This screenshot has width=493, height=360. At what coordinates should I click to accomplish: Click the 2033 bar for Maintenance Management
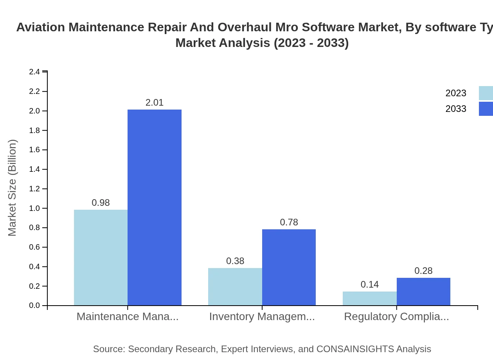tap(155, 207)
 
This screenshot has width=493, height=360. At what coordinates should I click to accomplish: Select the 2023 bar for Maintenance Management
tap(101, 257)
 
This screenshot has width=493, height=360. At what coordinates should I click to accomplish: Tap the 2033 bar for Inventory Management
tap(289, 267)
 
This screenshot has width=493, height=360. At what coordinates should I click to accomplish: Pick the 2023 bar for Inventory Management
tap(235, 286)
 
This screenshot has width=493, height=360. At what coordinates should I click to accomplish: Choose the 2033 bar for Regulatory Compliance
tap(423, 292)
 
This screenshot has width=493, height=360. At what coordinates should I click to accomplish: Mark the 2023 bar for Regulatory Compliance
tap(369, 298)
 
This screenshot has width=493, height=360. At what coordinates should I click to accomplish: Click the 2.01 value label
tap(155, 103)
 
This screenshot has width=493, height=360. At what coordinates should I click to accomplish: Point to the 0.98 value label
tap(101, 203)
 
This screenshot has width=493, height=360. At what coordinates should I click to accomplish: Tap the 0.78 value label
tap(289, 222)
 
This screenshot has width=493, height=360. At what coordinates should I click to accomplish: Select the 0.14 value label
tap(369, 284)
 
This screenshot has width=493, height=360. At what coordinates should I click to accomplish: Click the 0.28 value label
tap(423, 271)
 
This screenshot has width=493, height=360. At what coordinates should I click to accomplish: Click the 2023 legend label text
tap(456, 93)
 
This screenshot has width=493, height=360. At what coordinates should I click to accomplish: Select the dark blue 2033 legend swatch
tap(486, 109)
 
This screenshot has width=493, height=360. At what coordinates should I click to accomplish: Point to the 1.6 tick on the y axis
tap(34, 150)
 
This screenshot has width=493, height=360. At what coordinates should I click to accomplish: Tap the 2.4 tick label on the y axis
tap(34, 72)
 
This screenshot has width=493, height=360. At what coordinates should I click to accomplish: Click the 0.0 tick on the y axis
tap(34, 306)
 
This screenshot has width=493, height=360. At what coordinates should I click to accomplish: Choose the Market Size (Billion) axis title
tap(13, 188)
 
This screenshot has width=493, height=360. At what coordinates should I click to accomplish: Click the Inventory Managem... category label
tap(262, 317)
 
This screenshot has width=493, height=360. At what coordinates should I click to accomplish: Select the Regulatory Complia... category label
tap(396, 317)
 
